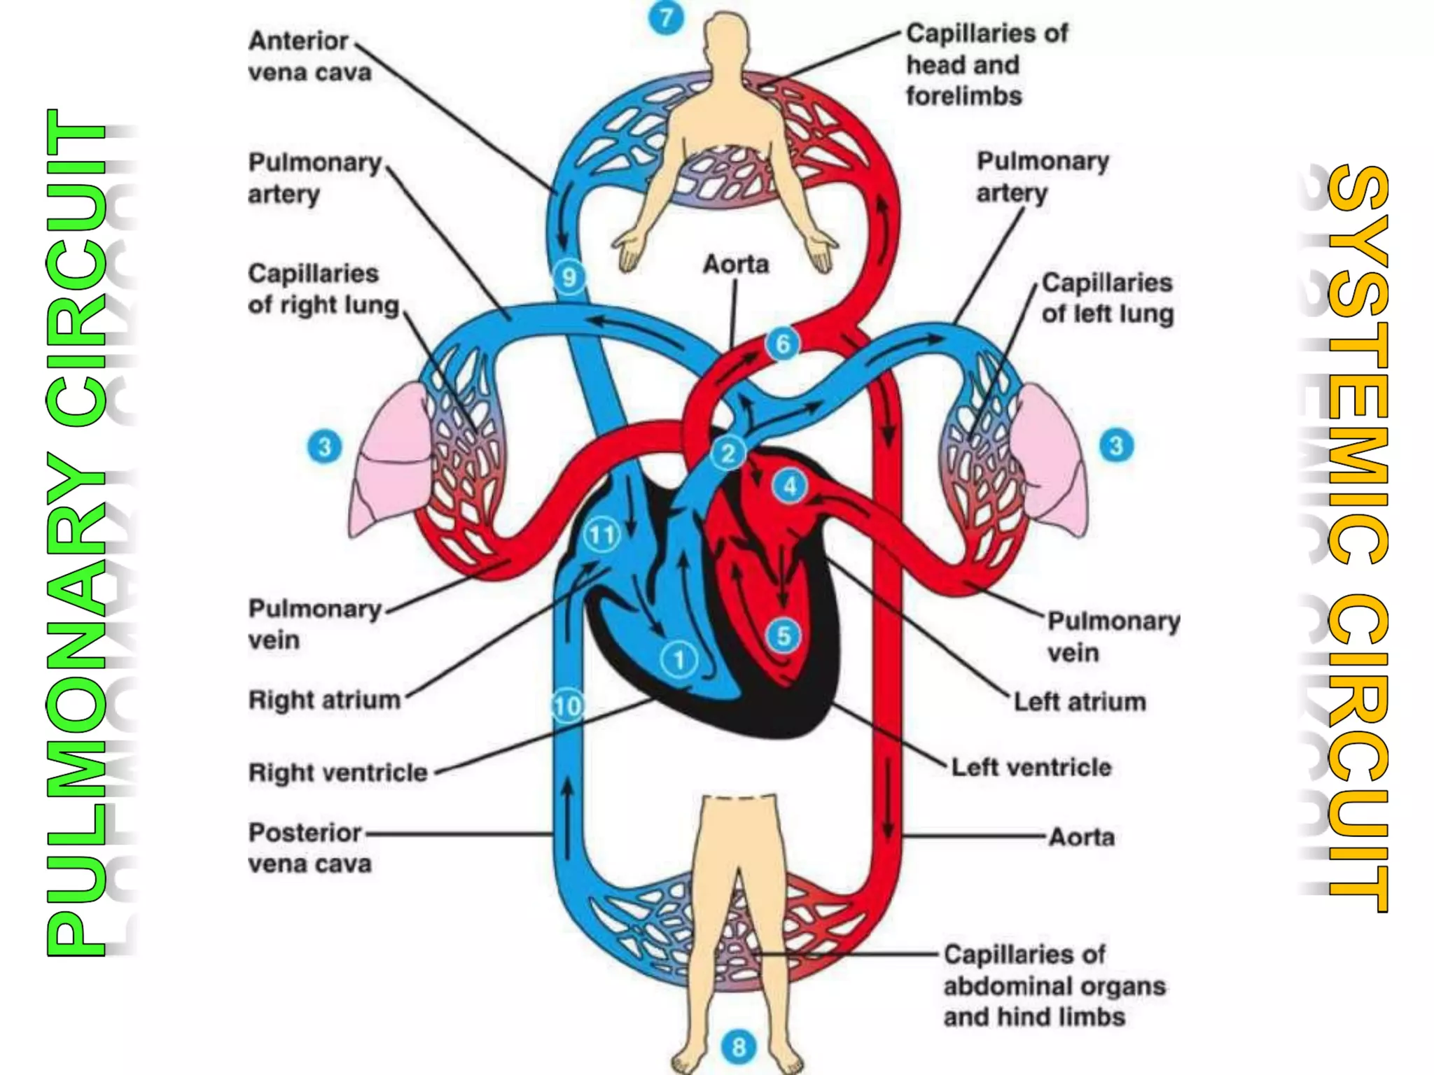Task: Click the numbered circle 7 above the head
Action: (666, 17)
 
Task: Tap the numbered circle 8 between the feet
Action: (739, 1047)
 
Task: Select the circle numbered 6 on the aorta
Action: (783, 344)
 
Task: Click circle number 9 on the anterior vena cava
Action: (569, 277)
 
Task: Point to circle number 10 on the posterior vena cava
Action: (567, 705)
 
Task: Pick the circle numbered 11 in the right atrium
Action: (601, 535)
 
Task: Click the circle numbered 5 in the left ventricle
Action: (784, 636)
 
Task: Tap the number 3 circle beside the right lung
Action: (324, 447)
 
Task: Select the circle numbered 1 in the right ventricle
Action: (678, 659)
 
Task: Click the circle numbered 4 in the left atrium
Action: (790, 486)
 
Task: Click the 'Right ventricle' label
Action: (337, 773)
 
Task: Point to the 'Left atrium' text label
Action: (1079, 701)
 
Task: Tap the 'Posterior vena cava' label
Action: (309, 848)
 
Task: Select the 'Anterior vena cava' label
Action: (309, 56)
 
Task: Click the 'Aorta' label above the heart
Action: (735, 265)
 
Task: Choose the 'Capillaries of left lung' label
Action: (1106, 298)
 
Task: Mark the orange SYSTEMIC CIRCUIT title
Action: (1357, 539)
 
